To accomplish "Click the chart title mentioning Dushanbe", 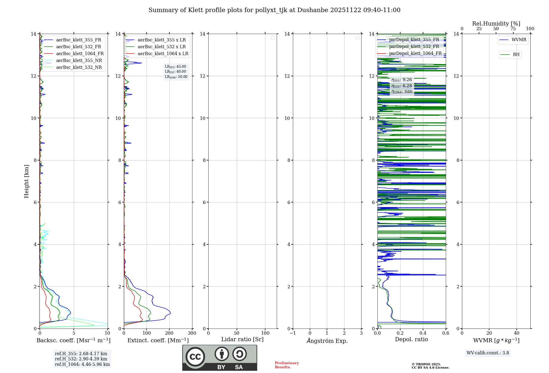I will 274,10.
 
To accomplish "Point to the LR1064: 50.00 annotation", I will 176,77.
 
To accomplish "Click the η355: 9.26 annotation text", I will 402,80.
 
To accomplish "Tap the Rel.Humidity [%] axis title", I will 496,24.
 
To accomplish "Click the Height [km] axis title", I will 26,181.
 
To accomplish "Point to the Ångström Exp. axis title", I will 327,341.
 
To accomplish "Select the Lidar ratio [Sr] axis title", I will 242,340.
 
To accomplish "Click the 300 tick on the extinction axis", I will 192,333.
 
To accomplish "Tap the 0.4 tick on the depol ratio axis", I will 423,333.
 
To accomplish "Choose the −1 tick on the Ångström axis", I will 293,333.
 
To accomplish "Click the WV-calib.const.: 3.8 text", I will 488,353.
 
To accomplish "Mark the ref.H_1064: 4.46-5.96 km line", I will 82,364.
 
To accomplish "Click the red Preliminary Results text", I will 287,365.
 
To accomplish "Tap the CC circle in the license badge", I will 195,357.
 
